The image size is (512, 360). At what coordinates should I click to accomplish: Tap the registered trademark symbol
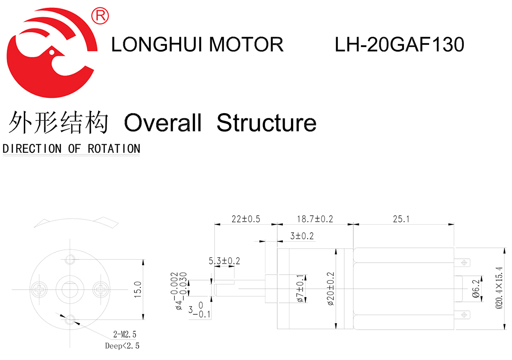pos(101,16)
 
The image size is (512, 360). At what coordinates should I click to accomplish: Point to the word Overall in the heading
pos(163,123)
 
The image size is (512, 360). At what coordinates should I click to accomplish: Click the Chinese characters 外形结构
pos(58,123)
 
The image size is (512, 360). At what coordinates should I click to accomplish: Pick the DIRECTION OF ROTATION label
pos(71,149)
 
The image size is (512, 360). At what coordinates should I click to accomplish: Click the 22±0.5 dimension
pos(245,219)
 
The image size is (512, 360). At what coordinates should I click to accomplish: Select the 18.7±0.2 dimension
pos(315,219)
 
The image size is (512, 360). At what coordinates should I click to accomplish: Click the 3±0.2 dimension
pos(302,236)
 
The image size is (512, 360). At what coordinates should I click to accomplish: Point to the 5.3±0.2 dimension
pos(224,261)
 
